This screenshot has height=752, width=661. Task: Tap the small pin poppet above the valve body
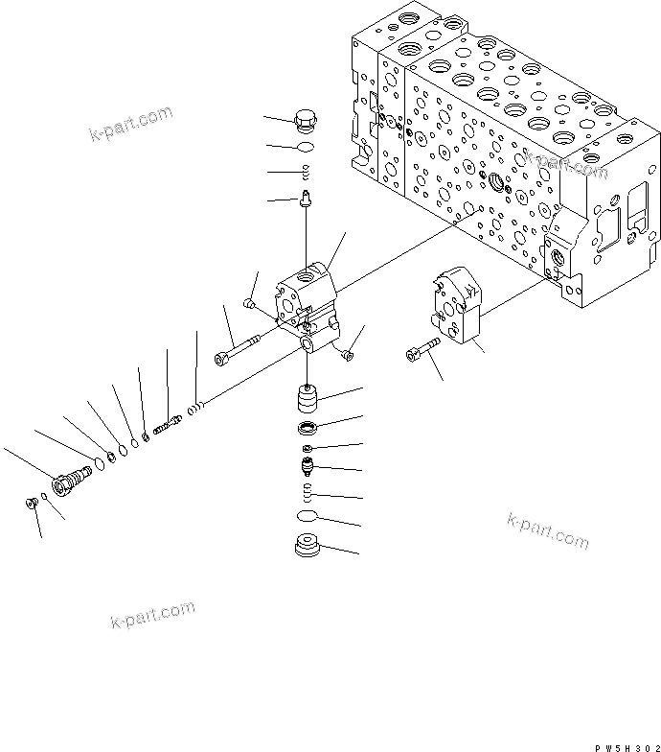pos(307,200)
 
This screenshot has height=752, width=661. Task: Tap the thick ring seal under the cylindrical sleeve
pos(307,427)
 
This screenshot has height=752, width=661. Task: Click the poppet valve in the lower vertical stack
pos(307,469)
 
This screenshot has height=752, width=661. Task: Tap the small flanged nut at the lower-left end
pos(33,501)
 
